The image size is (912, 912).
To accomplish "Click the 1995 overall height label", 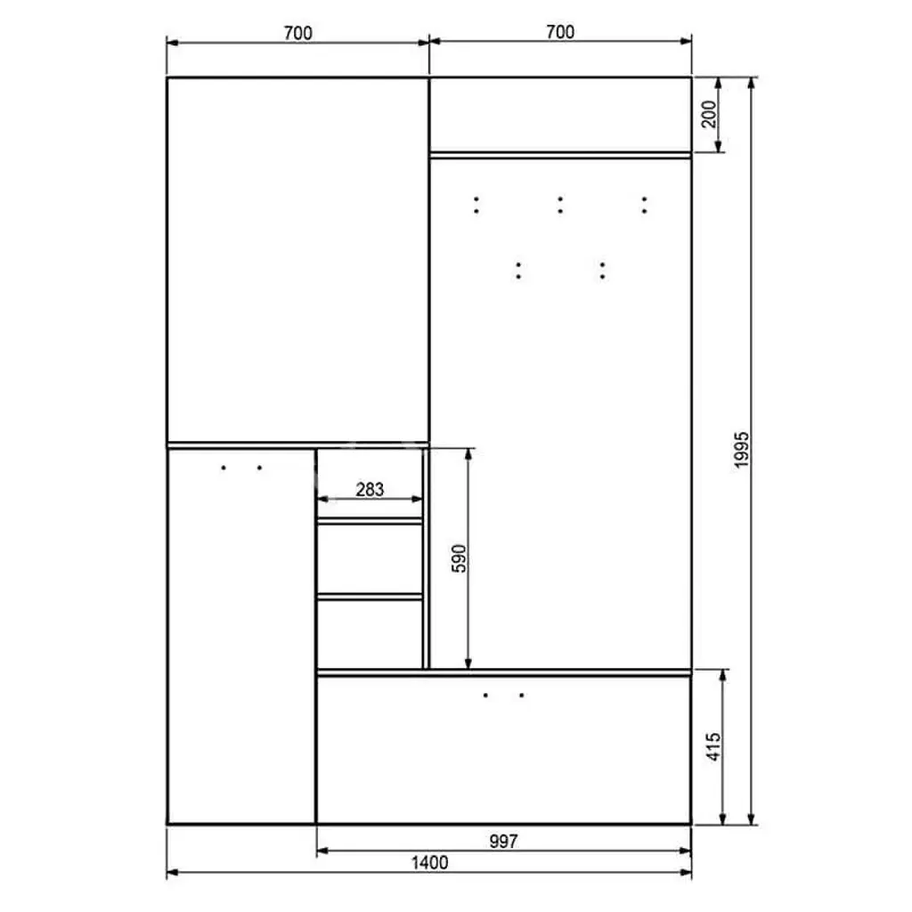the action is [741, 450].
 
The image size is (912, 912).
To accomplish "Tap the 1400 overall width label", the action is [430, 862].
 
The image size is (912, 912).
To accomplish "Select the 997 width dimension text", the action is [504, 841].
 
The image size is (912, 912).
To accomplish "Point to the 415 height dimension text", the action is [713, 747].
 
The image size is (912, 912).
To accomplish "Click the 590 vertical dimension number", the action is [460, 558].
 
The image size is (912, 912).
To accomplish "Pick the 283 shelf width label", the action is [370, 490].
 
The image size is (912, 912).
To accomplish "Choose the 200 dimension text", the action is [709, 114].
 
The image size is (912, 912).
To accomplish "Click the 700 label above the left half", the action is [297, 33].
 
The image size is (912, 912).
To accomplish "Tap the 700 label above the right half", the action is [560, 32].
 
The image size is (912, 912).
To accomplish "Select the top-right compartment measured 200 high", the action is [560, 115].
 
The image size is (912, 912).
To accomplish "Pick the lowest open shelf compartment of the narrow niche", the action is [370, 634].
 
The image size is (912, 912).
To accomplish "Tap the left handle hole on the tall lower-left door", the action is [224, 468].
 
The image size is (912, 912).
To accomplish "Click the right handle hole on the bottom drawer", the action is [522, 695].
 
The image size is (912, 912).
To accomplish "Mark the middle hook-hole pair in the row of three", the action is [560, 205].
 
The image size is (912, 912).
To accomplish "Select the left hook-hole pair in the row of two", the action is [518, 271].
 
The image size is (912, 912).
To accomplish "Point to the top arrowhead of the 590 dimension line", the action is [468, 453].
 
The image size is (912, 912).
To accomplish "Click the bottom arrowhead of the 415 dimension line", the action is [723, 819].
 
